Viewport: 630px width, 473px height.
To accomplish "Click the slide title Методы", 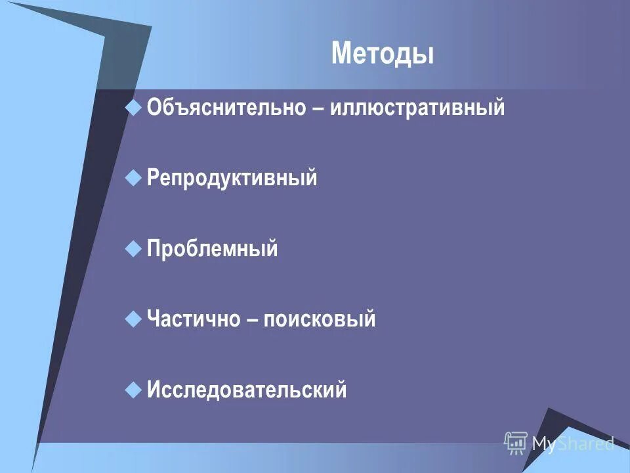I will click(x=383, y=53).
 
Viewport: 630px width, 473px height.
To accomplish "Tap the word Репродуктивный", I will click(x=232, y=177).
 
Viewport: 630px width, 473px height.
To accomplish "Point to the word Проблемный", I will click(x=213, y=249).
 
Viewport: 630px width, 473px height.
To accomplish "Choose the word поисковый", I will click(x=320, y=319).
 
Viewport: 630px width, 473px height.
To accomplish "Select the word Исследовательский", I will click(x=247, y=390).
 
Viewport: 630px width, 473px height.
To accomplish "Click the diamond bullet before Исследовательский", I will click(x=133, y=390).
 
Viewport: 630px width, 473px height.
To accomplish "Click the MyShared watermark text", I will click(x=572, y=443).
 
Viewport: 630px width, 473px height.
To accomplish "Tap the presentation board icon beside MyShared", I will click(x=516, y=443).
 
